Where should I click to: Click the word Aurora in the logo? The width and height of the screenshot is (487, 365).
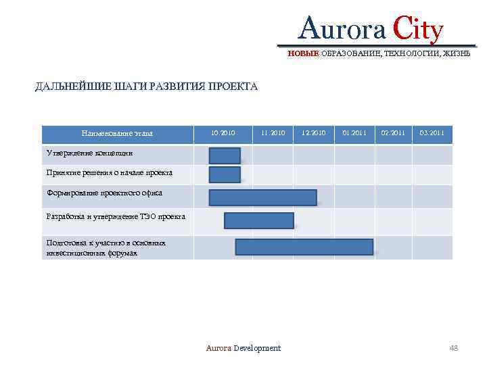click(x=340, y=30)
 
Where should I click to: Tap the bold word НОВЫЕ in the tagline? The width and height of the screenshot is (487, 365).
click(x=303, y=53)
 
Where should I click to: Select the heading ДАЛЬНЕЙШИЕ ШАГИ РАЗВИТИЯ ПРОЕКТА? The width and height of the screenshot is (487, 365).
click(x=147, y=87)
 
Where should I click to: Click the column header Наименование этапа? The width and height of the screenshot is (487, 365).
click(x=117, y=133)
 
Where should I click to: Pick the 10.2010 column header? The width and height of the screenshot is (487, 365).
click(x=223, y=133)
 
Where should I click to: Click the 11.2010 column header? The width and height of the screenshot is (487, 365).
click(x=273, y=133)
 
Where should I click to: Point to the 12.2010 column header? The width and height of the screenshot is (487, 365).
click(x=314, y=133)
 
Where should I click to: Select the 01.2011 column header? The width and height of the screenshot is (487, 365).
click(x=354, y=133)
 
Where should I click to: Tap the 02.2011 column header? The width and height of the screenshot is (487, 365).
click(x=393, y=133)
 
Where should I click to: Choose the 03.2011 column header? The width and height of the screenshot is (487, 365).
click(x=432, y=133)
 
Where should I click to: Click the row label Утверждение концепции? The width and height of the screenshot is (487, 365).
click(x=85, y=153)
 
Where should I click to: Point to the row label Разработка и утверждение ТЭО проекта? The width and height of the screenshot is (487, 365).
click(x=111, y=217)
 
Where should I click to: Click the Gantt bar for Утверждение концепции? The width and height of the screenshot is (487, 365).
click(x=225, y=155)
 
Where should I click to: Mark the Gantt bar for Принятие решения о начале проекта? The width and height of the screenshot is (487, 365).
click(x=225, y=175)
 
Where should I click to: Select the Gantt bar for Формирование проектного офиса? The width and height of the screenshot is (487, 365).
click(x=262, y=197)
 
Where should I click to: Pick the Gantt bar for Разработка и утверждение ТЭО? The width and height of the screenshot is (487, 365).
click(x=259, y=221)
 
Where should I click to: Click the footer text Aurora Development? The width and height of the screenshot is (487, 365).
click(x=243, y=348)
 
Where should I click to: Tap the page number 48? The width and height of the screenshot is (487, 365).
click(x=453, y=348)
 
